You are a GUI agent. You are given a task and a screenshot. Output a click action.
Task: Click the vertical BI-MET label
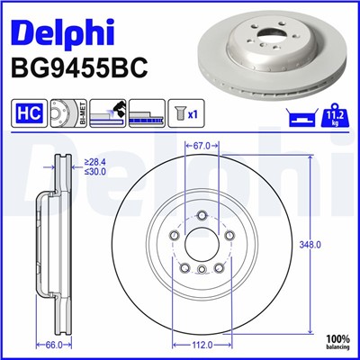coord(82,113)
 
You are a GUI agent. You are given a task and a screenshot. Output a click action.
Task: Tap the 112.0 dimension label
coord(201,345)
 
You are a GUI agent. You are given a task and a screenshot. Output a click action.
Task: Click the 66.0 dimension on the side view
coord(55,345)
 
